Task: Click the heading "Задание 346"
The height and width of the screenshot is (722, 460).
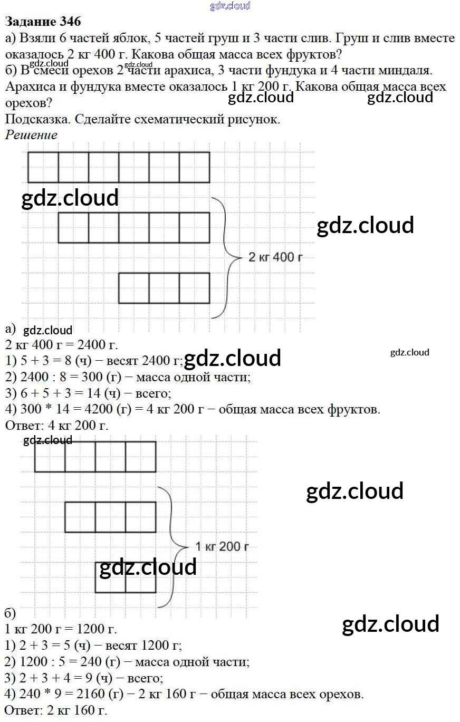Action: click(x=43, y=22)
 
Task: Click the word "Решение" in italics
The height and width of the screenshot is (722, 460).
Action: click(x=31, y=134)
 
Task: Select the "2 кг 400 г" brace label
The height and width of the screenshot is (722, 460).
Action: click(x=275, y=258)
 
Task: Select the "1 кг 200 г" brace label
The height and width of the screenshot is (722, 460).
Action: click(x=222, y=546)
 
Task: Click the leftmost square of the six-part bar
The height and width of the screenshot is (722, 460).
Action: click(x=43, y=167)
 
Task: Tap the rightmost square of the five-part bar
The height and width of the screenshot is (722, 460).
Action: click(x=194, y=228)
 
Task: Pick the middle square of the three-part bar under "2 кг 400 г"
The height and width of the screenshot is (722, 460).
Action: click(x=164, y=288)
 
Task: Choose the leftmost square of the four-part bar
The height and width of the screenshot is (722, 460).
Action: click(x=50, y=457)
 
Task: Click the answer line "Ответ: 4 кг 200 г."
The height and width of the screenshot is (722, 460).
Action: click(x=56, y=426)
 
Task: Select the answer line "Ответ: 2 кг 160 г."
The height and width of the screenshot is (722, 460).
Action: click(x=55, y=710)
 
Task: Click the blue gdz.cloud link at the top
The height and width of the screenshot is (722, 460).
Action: click(x=230, y=6)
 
